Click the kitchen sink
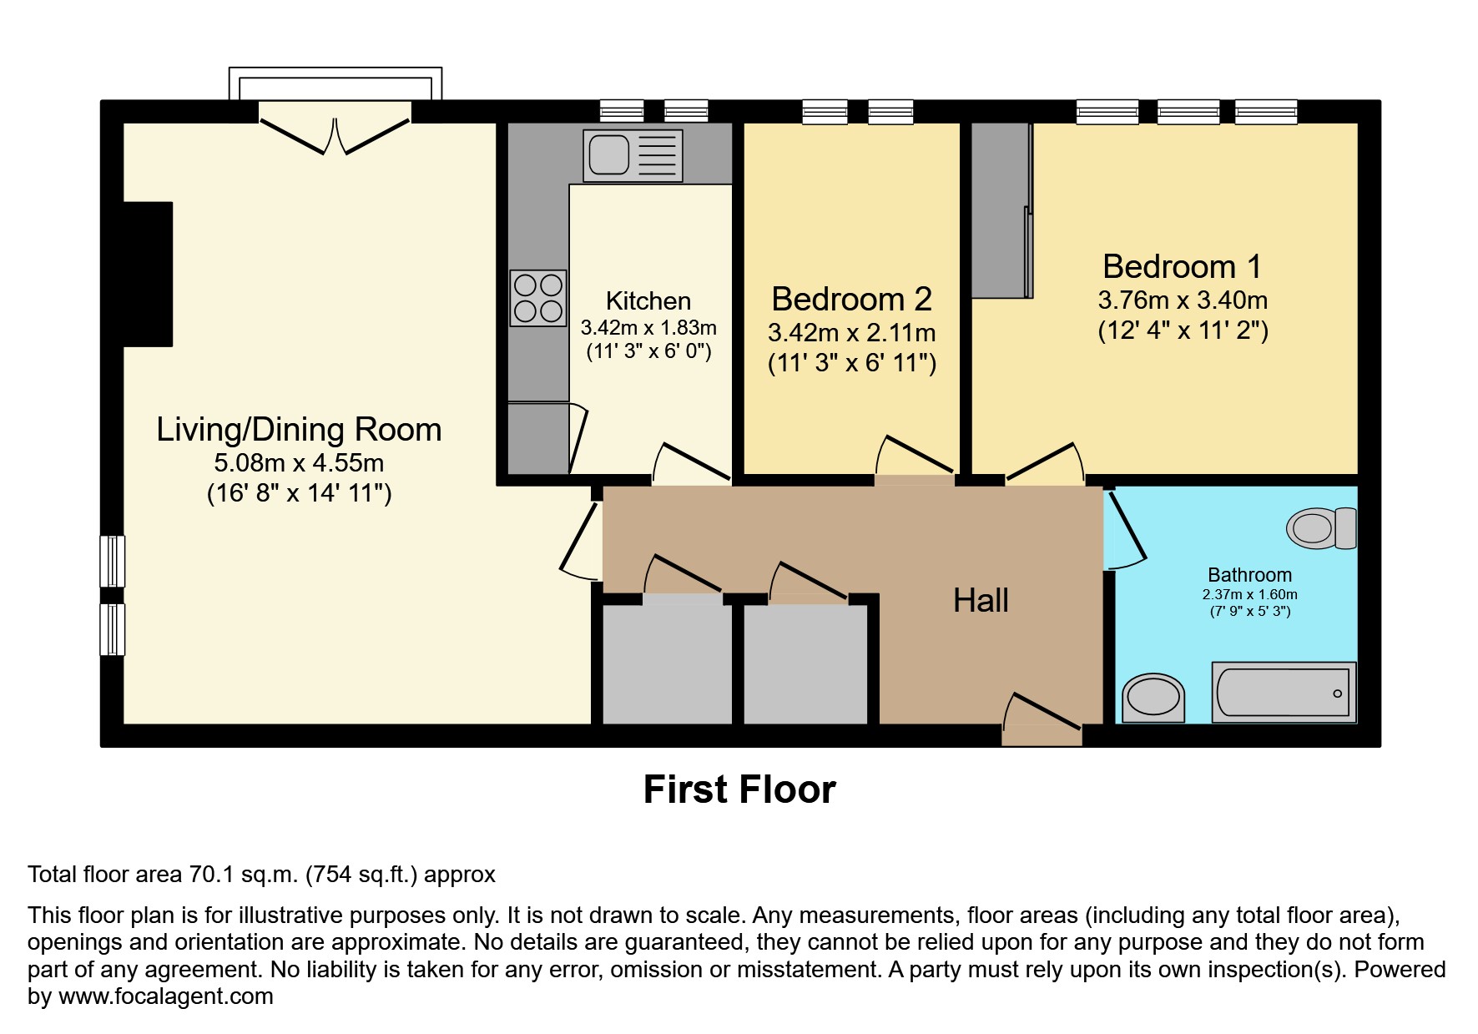tap(632, 155)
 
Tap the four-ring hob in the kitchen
tap(538, 298)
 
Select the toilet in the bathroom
tap(1322, 528)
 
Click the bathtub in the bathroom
tap(1283, 693)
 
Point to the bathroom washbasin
tap(1153, 699)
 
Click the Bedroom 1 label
tap(1182, 267)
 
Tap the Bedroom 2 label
tap(851, 299)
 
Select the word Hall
tap(981, 601)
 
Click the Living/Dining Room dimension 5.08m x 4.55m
tap(299, 462)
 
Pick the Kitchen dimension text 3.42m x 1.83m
tap(648, 328)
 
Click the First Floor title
tap(739, 789)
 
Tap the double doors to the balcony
tap(335, 135)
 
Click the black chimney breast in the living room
tap(148, 274)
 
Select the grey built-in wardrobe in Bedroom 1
tap(1000, 210)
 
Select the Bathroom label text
tap(1249, 575)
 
